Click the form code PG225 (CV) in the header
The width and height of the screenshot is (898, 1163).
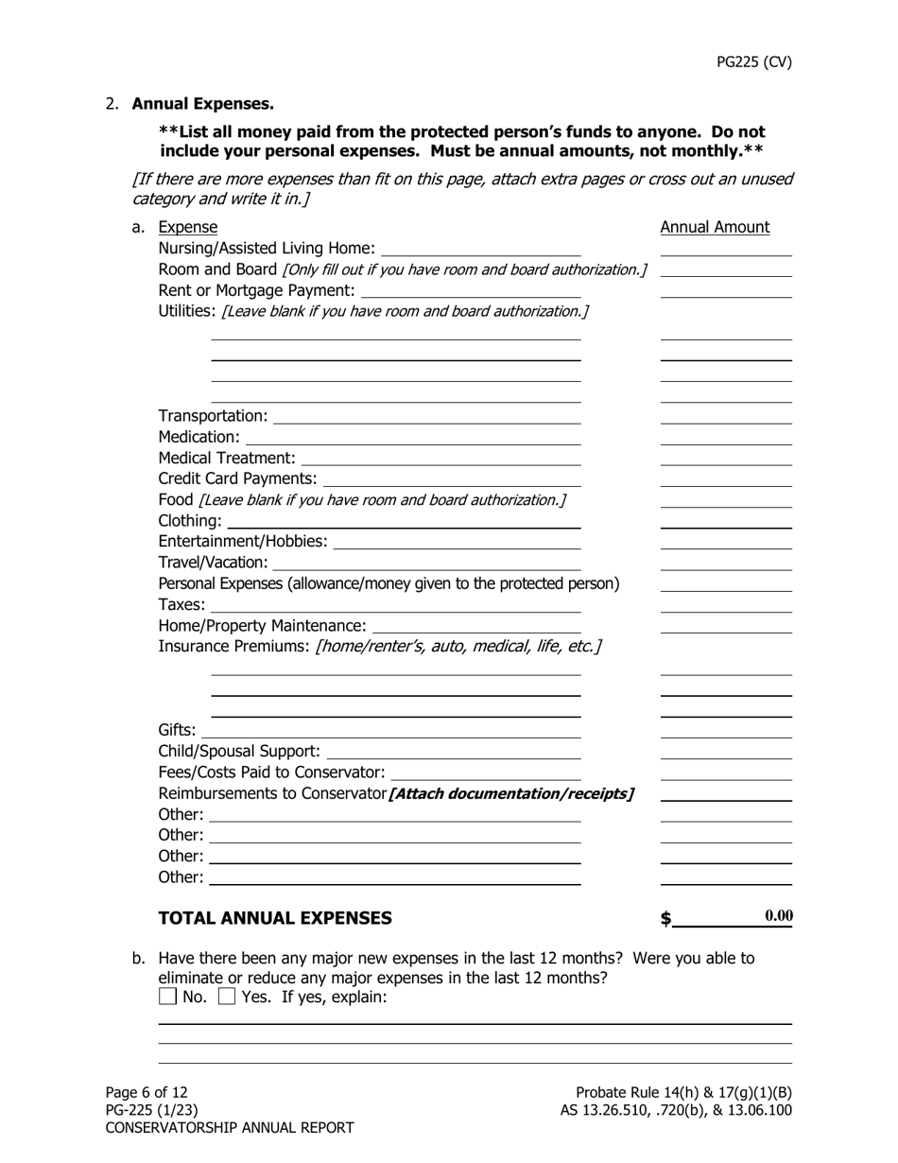pyautogui.click(x=753, y=62)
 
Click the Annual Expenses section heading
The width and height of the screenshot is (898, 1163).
pyautogui.click(x=202, y=104)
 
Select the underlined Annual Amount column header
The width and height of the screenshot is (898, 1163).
pyautogui.click(x=715, y=227)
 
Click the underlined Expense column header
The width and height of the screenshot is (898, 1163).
pyautogui.click(x=187, y=227)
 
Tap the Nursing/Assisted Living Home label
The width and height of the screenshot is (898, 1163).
pyautogui.click(x=267, y=249)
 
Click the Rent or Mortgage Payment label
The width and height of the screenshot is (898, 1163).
pyautogui.click(x=256, y=290)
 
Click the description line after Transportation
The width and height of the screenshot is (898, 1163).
pyautogui.click(x=426, y=417)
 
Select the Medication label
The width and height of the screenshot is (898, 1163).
pyautogui.click(x=199, y=437)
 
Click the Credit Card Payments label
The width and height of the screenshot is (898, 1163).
pyautogui.click(x=237, y=478)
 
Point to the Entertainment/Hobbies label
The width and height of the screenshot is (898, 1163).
pyautogui.click(x=243, y=542)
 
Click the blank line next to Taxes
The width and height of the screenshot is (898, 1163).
pyautogui.click(x=395, y=605)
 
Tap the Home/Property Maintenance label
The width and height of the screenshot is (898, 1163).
pyautogui.click(x=262, y=626)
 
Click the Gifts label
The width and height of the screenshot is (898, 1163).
pyautogui.click(x=177, y=730)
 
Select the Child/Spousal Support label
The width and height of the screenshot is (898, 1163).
pyautogui.click(x=239, y=752)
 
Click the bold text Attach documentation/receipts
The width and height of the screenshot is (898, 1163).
pyautogui.click(x=511, y=793)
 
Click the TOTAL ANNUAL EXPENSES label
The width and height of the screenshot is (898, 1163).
pyautogui.click(x=274, y=918)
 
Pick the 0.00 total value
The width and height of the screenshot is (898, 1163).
pyautogui.click(x=778, y=915)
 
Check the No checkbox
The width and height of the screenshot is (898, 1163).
pyautogui.click(x=167, y=997)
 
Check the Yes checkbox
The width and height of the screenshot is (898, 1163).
pyautogui.click(x=227, y=997)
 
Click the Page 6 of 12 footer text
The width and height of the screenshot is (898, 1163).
pyautogui.click(x=147, y=1092)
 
